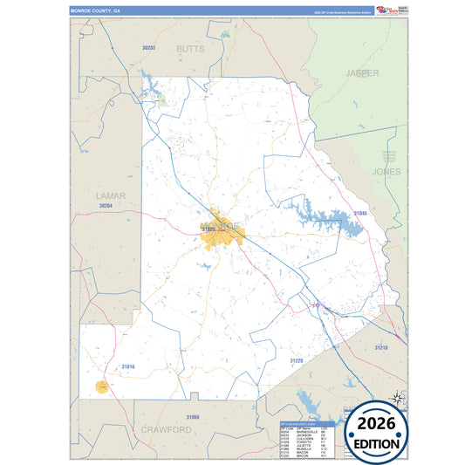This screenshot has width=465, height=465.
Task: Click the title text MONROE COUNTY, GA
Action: coord(96,11)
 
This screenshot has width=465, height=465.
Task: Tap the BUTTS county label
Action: coord(190,50)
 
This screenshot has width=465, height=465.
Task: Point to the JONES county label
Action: coord(386,172)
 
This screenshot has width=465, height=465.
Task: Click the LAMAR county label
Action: coord(111,196)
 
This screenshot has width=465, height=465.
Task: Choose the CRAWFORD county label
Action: coord(166,430)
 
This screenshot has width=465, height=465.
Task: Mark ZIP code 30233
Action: coord(148,47)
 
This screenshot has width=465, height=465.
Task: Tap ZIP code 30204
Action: coord(106,206)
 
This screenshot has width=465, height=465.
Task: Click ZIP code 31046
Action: coord(360,213)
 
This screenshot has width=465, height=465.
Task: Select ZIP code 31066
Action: coord(193,418)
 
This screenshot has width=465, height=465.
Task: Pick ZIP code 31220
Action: coord(297,360)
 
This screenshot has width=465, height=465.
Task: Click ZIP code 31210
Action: coord(381,348)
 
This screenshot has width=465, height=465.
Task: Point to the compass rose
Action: coord(398,398)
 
